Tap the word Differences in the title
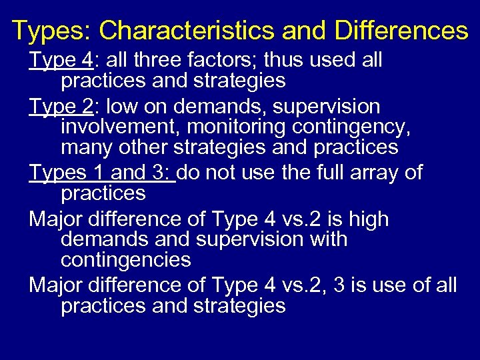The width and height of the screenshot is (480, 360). click(x=402, y=31)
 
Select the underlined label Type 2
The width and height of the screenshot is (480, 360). click(x=60, y=107)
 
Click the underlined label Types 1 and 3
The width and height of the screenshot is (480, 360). click(x=101, y=173)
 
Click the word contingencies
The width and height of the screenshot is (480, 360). click(x=126, y=259)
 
